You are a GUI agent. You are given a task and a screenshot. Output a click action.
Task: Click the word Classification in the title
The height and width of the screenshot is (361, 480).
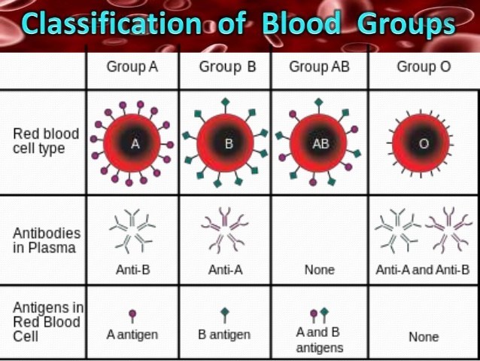(x=111, y=24)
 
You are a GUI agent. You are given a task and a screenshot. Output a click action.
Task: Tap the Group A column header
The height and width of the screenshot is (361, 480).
(x=132, y=67)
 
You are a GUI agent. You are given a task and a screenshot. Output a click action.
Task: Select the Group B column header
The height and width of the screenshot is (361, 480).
(x=227, y=67)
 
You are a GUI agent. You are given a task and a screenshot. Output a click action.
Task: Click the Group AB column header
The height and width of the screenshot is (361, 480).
(x=319, y=67)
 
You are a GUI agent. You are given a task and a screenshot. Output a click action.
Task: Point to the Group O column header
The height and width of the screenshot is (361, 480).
(x=424, y=67)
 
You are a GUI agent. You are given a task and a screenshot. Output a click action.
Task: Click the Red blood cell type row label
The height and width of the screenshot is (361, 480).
(x=46, y=141)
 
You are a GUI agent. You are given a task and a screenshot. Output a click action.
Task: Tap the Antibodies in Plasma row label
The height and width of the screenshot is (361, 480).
(x=47, y=240)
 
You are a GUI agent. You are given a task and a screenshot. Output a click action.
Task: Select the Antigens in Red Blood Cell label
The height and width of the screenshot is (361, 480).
(x=48, y=322)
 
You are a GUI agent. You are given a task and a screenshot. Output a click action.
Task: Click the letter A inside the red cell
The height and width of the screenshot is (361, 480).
(x=135, y=143)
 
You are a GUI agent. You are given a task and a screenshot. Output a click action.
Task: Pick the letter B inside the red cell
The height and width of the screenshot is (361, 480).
(x=229, y=143)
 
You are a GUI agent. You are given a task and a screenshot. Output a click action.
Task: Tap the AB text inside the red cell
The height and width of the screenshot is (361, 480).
(x=321, y=143)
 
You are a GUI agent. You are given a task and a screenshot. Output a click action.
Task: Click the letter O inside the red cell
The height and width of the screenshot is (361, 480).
(x=424, y=143)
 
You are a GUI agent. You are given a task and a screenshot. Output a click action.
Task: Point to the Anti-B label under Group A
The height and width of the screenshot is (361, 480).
(x=133, y=270)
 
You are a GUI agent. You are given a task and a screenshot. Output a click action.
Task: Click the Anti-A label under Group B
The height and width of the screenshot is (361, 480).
(x=226, y=270)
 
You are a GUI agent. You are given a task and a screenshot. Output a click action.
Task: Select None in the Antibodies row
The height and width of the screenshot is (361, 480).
(x=320, y=270)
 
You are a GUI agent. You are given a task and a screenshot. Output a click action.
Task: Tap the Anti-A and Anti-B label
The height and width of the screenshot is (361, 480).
(x=423, y=270)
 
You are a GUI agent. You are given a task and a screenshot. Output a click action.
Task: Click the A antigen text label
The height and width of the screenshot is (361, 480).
(x=132, y=335)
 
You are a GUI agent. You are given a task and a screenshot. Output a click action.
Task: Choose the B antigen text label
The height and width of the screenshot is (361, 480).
(x=224, y=335)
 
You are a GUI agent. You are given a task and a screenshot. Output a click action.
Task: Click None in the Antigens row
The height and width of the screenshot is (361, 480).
(x=424, y=337)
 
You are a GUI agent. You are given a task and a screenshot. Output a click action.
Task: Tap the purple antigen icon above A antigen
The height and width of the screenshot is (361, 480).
(x=132, y=316)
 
